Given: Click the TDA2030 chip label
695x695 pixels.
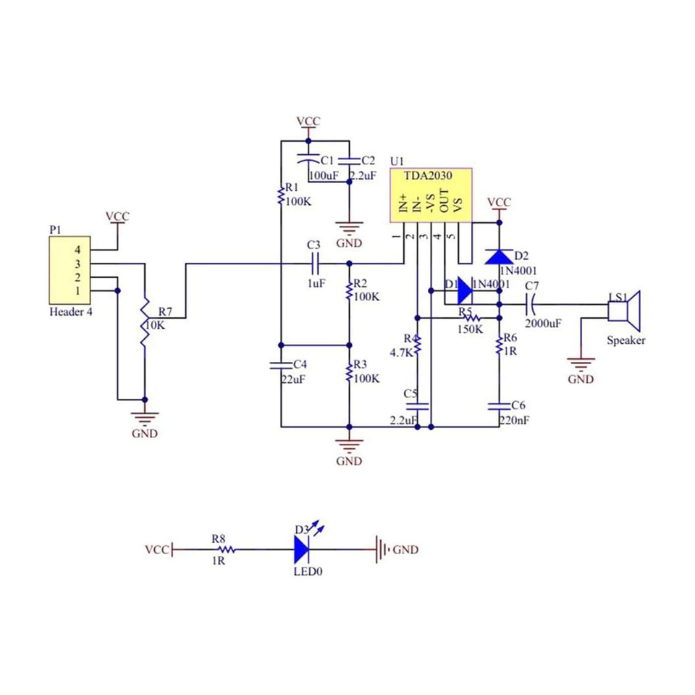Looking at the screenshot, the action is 428,176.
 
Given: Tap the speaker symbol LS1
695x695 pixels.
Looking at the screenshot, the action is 624,311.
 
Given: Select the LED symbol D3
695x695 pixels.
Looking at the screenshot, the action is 302,549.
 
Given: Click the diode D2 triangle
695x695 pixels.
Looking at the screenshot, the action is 499,256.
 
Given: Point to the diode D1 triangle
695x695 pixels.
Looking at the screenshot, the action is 465,291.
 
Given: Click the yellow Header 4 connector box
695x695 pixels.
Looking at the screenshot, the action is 69,270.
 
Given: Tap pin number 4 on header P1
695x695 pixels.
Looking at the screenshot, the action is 77,250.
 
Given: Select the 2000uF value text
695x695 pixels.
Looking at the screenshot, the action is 543,324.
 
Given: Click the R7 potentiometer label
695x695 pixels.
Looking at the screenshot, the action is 165,311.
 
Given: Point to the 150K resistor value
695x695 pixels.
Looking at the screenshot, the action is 470,329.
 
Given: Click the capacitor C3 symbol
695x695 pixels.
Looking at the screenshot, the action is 316,264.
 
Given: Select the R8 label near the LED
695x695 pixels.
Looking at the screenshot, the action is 219,539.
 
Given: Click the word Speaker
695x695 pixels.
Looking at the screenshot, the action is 625,341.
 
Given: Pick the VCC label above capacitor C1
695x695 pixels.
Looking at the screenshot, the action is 308,122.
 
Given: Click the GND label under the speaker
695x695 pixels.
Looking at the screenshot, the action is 581,379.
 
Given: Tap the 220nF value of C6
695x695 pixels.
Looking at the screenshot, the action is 514,420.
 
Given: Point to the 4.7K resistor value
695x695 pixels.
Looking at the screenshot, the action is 401,353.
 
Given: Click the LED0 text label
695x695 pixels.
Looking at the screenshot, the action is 308,572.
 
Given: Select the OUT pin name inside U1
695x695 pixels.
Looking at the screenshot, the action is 444,201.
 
